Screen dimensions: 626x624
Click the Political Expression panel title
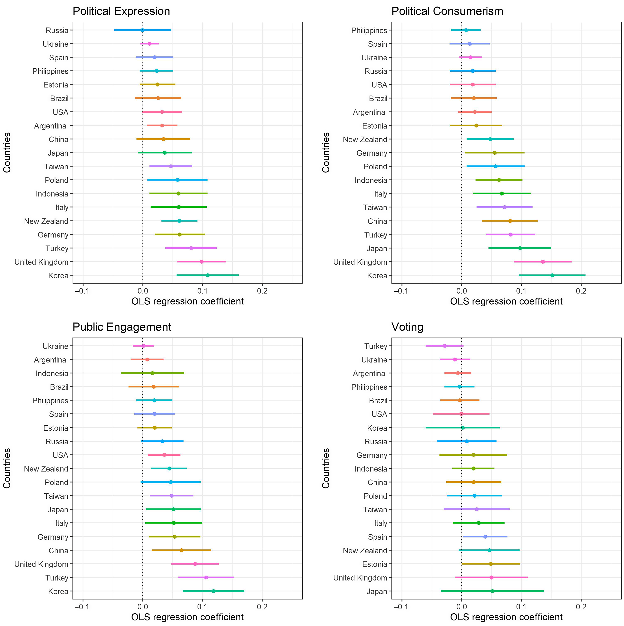tap(121, 11)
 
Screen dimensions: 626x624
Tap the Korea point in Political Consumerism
tap(552, 275)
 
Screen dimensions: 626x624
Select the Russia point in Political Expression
tap(142, 30)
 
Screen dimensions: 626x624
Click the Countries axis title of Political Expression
tap(7, 152)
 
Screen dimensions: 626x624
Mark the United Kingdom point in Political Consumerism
tap(543, 261)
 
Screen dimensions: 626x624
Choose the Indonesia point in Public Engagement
tap(152, 373)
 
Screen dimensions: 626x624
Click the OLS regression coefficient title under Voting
tap(506, 617)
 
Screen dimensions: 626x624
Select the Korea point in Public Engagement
tap(213, 591)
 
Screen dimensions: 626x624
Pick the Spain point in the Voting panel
tap(485, 536)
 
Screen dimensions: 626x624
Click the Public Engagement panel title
tap(122, 327)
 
